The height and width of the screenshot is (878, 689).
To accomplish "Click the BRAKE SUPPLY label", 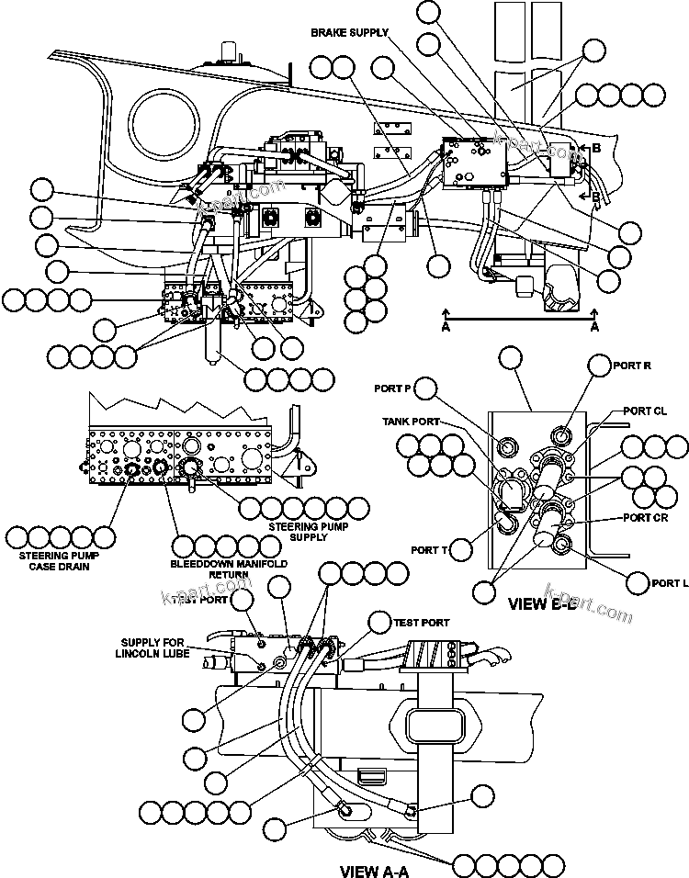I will click(x=349, y=32).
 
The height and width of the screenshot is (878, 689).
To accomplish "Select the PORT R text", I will click(x=633, y=366).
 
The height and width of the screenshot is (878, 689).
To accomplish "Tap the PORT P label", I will click(x=392, y=388).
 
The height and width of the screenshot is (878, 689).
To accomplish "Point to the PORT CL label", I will click(x=645, y=411).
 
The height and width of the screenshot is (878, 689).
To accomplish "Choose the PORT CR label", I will click(x=646, y=517).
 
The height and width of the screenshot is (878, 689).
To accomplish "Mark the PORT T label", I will click(x=429, y=550).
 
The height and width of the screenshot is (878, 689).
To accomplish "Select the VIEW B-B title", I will click(x=542, y=605).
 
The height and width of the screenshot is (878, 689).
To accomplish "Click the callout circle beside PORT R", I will click(x=598, y=366).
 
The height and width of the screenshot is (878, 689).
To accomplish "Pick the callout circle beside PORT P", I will click(x=425, y=388).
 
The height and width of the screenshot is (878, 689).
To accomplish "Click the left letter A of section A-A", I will click(x=446, y=326).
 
